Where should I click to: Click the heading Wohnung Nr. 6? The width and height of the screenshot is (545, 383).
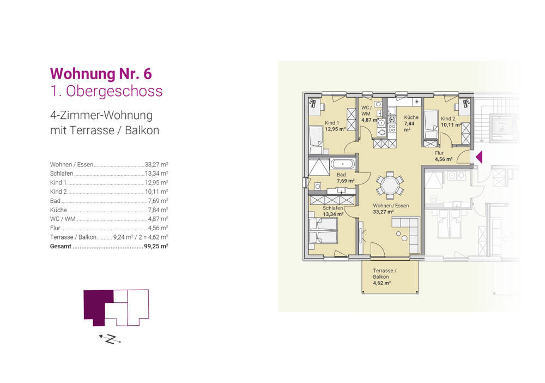104,73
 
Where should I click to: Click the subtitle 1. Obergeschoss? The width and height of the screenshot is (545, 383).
106,91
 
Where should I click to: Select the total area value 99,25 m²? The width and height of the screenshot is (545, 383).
155,247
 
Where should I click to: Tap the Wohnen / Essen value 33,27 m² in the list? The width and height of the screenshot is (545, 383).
156,164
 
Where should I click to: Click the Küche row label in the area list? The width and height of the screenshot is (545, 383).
58,210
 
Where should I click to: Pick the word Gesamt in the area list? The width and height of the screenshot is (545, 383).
60,247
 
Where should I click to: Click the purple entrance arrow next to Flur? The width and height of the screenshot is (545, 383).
479,157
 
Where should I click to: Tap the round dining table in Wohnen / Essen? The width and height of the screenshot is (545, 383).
390,184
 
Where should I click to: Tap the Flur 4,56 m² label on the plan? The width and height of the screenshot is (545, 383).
444,157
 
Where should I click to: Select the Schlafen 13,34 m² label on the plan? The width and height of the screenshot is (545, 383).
332,211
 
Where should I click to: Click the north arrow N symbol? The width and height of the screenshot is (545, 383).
111,339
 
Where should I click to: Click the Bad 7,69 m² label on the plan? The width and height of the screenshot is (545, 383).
345,177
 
